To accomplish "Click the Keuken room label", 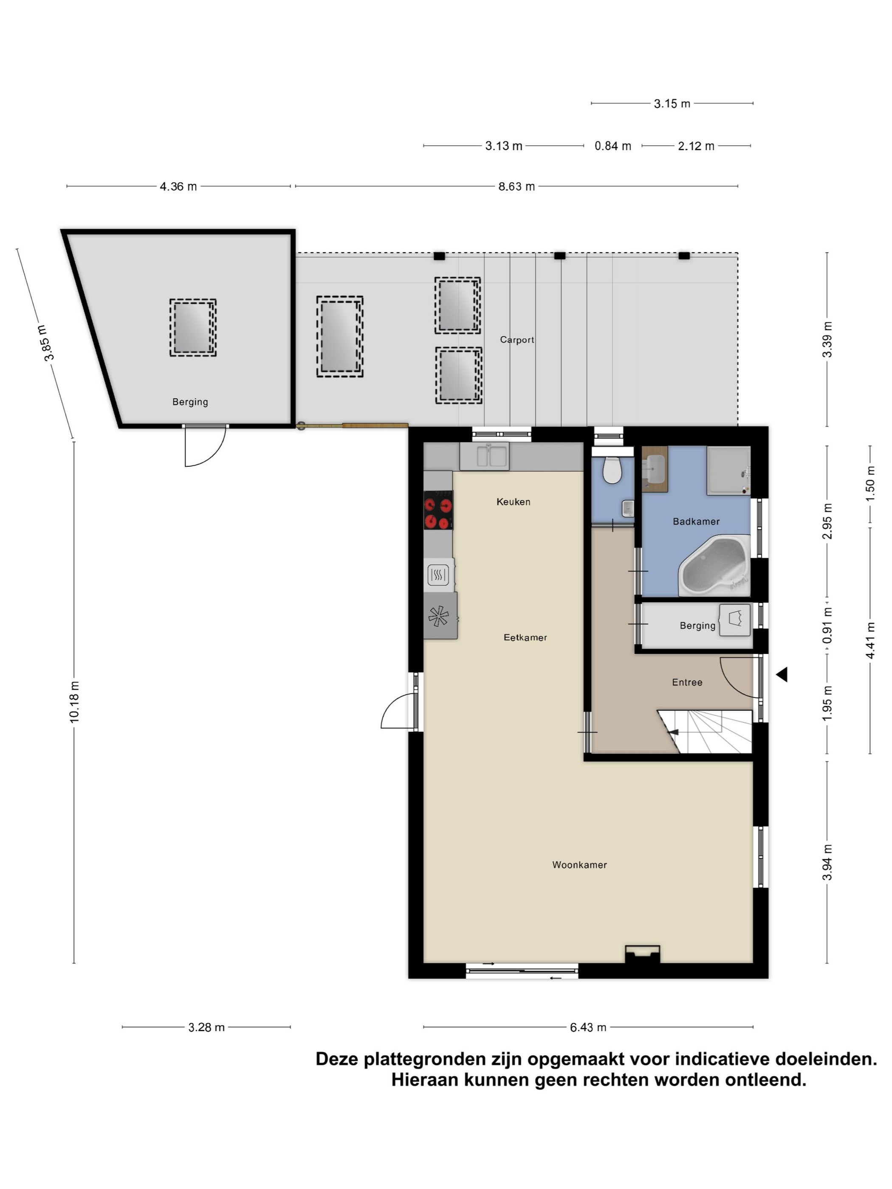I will (x=513, y=502).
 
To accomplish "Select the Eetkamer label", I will (x=525, y=637).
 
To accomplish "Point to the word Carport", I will (x=517, y=340).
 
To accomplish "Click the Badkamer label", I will (x=696, y=521).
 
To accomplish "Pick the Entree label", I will (x=686, y=682).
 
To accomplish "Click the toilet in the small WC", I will (x=612, y=469).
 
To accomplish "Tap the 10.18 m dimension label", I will (x=74, y=702).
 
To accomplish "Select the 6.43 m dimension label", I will (x=588, y=1027).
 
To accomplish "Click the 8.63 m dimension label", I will (x=516, y=186).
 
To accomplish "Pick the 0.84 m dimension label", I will (x=613, y=146).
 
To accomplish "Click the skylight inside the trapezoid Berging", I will (x=192, y=327).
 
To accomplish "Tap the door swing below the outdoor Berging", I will (x=203, y=447).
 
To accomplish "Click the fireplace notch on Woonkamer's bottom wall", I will (x=642, y=954).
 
